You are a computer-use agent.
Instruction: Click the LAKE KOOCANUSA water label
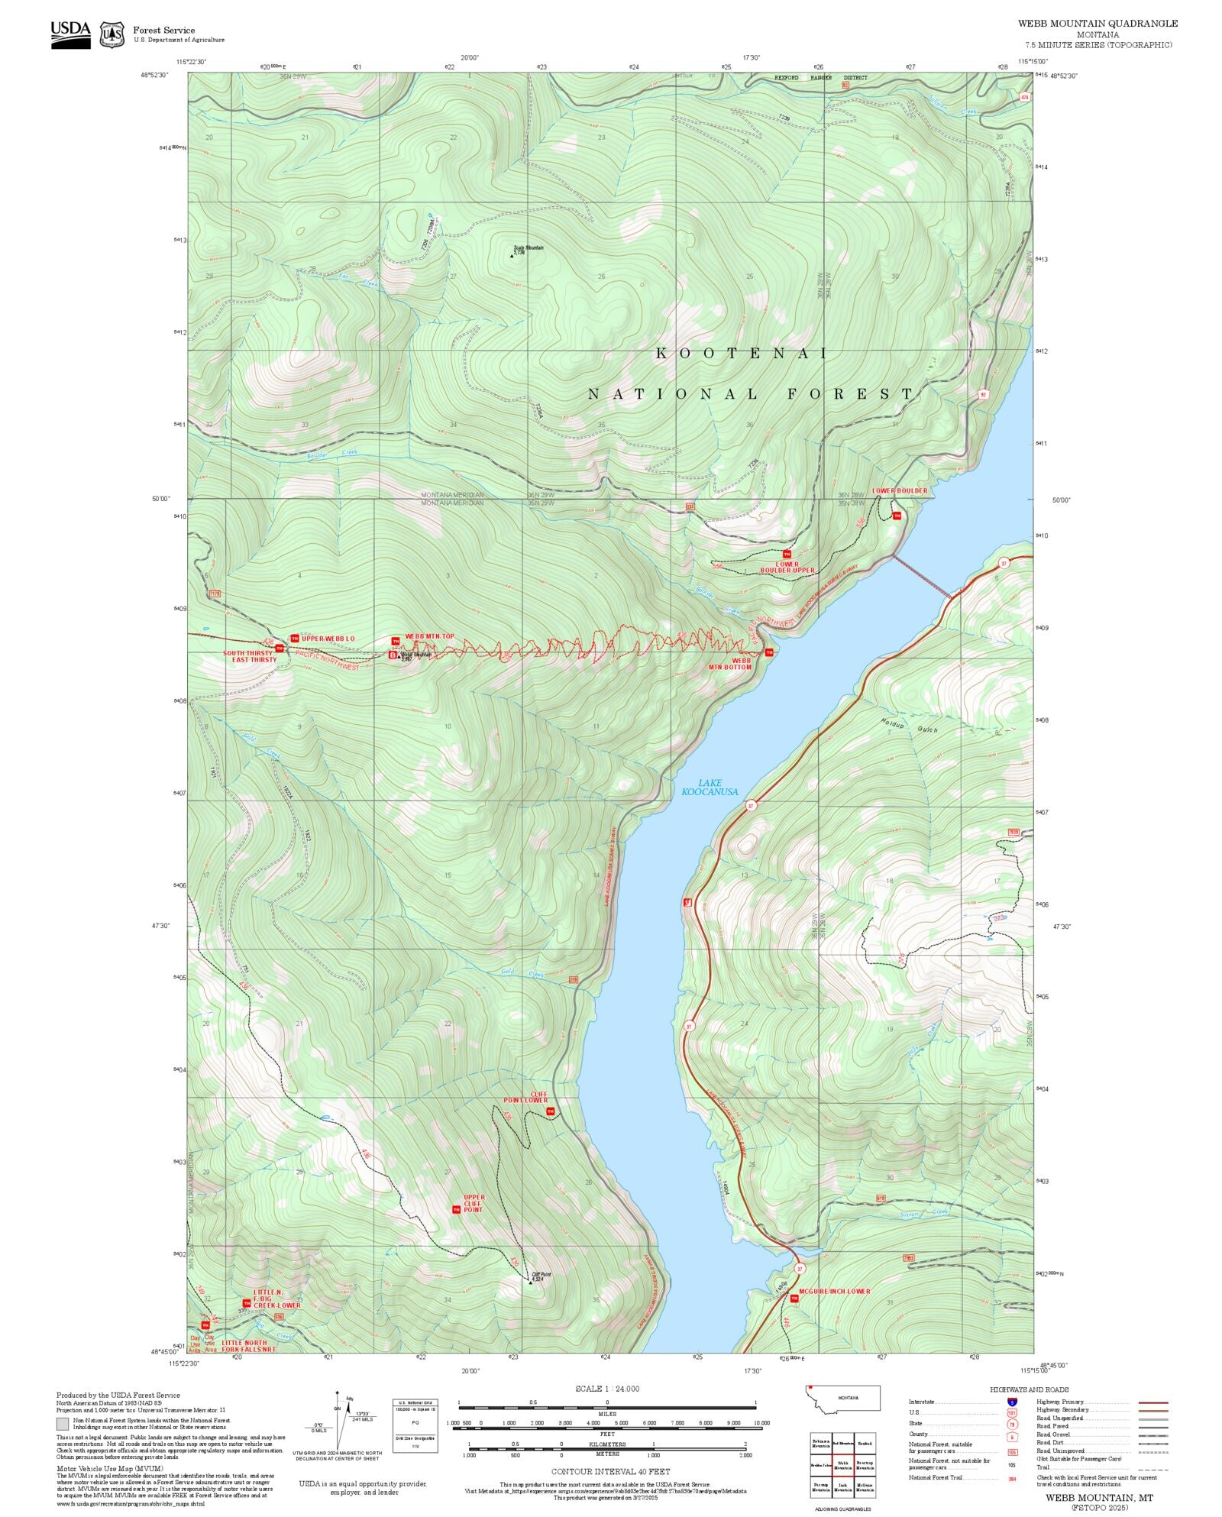[x=710, y=788]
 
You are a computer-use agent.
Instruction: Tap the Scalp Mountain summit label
[x=529, y=249]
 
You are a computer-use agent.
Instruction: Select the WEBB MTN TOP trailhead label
[x=429, y=636]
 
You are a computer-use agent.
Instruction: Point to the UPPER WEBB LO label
[x=328, y=638]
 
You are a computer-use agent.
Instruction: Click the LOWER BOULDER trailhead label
[x=900, y=491]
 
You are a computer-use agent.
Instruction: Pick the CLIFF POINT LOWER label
[x=525, y=1097]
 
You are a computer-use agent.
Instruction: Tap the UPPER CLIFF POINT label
[x=474, y=1203]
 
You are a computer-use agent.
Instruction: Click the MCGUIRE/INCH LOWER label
[x=834, y=1291]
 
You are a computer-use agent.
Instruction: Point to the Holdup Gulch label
[x=909, y=726]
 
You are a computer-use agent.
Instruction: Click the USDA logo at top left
[x=70, y=34]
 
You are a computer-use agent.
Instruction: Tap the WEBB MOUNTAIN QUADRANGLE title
[x=1098, y=24]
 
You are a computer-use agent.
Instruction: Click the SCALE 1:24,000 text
[x=607, y=1388]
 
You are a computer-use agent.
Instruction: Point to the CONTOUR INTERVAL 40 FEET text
[x=610, y=1470]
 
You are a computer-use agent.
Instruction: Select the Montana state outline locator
[x=842, y=1398]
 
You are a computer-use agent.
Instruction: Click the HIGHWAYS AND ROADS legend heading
[x=1029, y=1389]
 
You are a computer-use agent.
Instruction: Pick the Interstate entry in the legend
[x=921, y=1402]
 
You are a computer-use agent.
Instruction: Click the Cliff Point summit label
[x=541, y=1276]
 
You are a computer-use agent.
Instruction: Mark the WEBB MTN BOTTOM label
[x=730, y=663]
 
